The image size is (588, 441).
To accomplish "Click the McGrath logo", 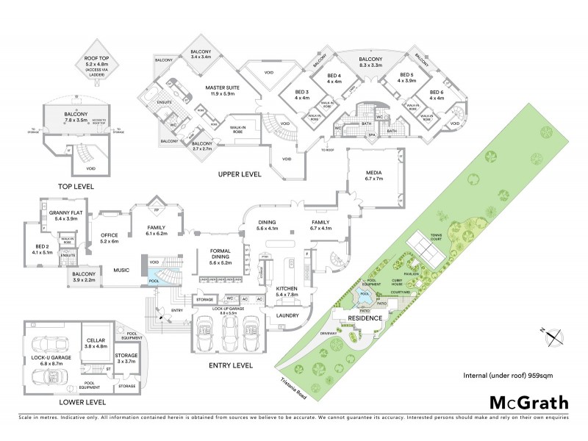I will pos(529,402).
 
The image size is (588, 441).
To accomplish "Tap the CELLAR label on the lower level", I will pos(98,342).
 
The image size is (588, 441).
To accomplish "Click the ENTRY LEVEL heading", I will pos(231,365).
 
